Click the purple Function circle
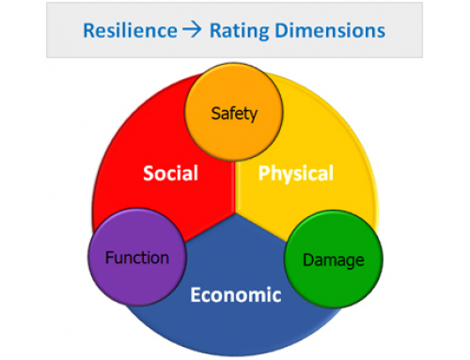point(135,258)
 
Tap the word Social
point(169,174)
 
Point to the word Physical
point(296,174)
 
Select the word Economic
point(235,295)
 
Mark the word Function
point(136,258)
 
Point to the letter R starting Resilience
point(89,30)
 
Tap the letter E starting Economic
point(195,295)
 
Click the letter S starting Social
point(149,174)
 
